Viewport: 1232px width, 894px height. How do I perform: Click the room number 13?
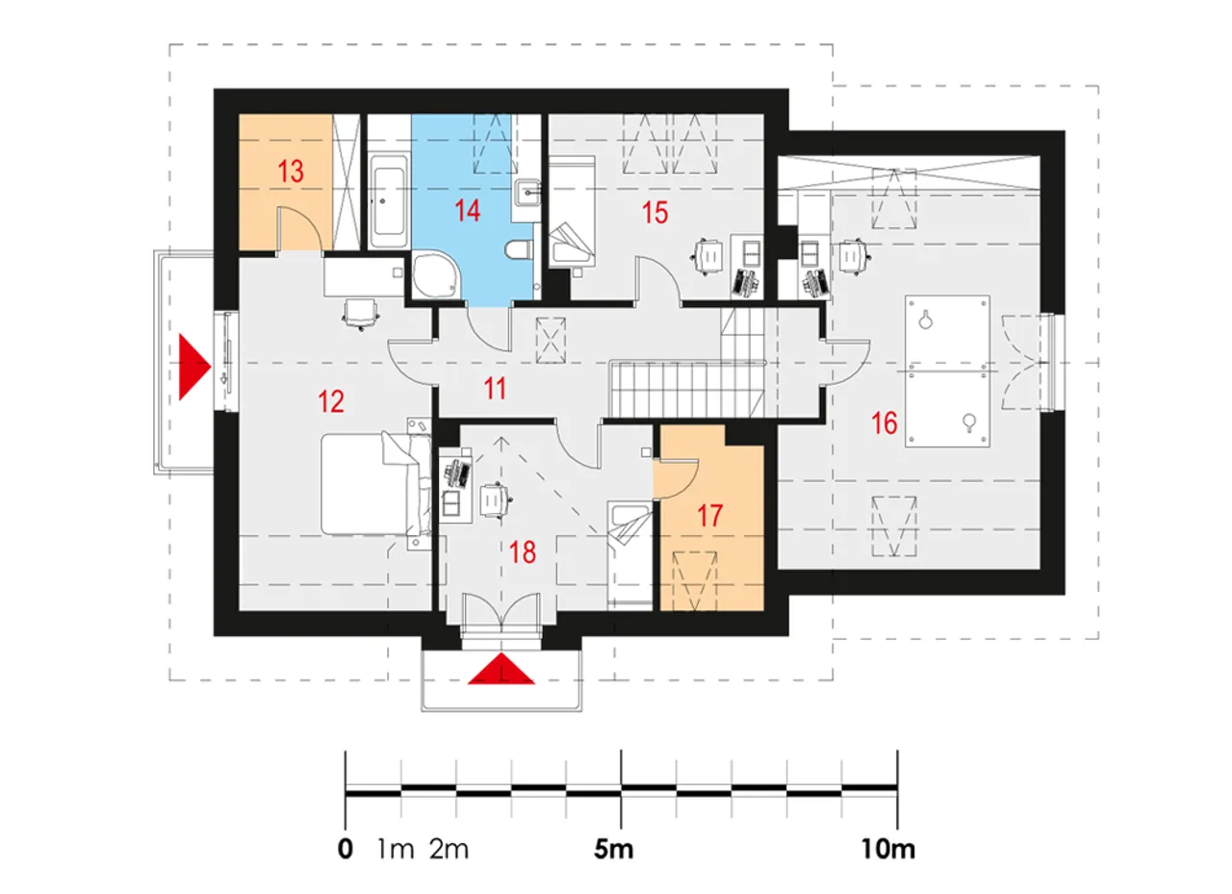click(x=291, y=171)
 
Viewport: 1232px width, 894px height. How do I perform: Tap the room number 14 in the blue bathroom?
click(x=468, y=211)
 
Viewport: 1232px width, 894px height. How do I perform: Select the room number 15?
click(x=655, y=213)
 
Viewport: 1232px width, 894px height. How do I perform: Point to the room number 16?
click(x=885, y=423)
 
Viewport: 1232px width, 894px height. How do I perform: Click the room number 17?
click(x=710, y=516)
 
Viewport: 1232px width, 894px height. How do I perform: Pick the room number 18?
click(x=523, y=552)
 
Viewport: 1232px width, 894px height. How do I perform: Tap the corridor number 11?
click(x=495, y=389)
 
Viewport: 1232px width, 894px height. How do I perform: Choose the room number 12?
click(x=331, y=401)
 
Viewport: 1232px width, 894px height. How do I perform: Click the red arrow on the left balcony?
click(x=194, y=367)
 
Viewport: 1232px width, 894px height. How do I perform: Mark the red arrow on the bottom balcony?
click(x=501, y=669)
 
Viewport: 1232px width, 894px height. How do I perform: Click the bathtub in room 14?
click(x=388, y=202)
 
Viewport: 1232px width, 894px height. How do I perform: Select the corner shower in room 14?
click(x=434, y=274)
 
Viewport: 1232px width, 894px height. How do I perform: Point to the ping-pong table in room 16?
click(x=948, y=371)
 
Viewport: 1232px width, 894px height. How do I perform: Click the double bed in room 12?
click(x=376, y=484)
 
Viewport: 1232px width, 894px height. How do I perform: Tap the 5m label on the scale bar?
click(x=614, y=850)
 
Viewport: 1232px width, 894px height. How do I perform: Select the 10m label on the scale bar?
click(x=888, y=850)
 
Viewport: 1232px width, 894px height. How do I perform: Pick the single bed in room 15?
click(x=572, y=211)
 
